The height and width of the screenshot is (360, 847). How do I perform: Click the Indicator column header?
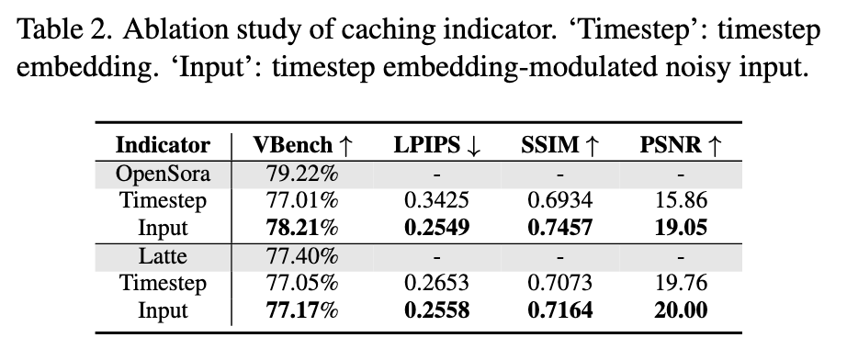pyautogui.click(x=163, y=145)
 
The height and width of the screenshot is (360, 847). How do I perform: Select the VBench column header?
pyautogui.click(x=302, y=145)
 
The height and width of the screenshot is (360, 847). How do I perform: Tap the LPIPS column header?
pyautogui.click(x=437, y=145)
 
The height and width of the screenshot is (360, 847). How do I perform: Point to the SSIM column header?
pyautogui.click(x=560, y=145)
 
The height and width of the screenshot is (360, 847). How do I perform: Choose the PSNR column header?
pyautogui.click(x=681, y=145)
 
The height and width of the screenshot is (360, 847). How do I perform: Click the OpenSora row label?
pyautogui.click(x=163, y=174)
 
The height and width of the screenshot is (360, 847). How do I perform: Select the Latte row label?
pyautogui.click(x=163, y=256)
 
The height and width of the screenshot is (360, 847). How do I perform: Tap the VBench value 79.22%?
pyautogui.click(x=302, y=174)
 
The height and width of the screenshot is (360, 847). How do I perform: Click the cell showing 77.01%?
pyautogui.click(x=302, y=200)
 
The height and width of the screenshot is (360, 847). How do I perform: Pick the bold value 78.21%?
pyautogui.click(x=302, y=227)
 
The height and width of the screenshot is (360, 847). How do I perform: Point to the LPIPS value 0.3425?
pyautogui.click(x=437, y=200)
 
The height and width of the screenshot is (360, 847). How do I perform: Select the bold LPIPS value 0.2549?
pyautogui.click(x=437, y=227)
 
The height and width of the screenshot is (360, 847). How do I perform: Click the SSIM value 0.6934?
pyautogui.click(x=560, y=200)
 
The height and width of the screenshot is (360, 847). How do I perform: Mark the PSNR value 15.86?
pyautogui.click(x=681, y=200)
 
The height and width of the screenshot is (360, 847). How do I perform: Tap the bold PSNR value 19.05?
pyautogui.click(x=681, y=227)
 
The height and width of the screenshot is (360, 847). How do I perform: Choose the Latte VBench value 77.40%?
pyautogui.click(x=302, y=256)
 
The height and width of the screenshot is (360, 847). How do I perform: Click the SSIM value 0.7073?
pyautogui.click(x=560, y=283)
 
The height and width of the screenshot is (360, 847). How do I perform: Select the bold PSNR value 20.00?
pyautogui.click(x=681, y=310)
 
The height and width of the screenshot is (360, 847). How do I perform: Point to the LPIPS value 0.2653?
pyautogui.click(x=437, y=283)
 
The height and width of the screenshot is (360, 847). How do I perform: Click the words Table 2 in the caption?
pyautogui.click(x=65, y=31)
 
